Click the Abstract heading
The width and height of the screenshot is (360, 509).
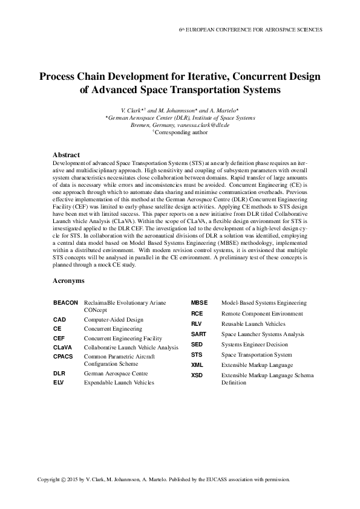tap(67, 155)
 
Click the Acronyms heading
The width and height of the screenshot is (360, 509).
tap(68, 281)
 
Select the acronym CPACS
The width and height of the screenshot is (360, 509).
tap(64, 357)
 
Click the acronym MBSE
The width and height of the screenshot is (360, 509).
tap(200, 302)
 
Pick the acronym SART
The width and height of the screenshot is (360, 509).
tap(199, 334)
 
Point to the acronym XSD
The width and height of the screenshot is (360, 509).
tap(197, 375)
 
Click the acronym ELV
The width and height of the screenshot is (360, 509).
tap(59, 383)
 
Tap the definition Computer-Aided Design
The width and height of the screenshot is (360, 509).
tap(113, 319)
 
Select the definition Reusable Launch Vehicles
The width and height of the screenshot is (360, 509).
tap(253, 324)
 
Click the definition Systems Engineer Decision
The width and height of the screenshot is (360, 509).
tap(254, 345)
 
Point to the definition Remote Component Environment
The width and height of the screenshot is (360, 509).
tap(261, 314)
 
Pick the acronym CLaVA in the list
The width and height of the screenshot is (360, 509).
tap(63, 348)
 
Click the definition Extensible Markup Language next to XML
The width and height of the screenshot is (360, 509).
tap(257, 365)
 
